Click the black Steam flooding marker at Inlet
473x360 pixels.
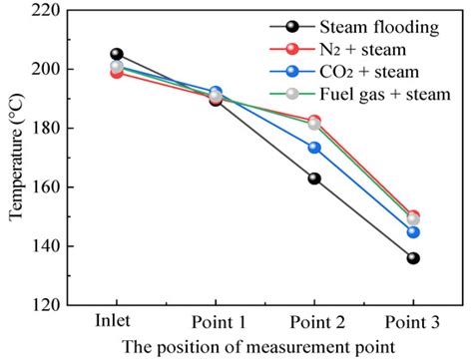point(117,54)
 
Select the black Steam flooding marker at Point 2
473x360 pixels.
point(314,179)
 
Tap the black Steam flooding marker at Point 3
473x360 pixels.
point(413,257)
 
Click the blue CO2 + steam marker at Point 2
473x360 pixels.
point(314,148)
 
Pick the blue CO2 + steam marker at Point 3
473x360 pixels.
point(413,232)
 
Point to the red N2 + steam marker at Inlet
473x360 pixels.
point(117,73)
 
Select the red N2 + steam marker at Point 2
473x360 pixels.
point(314,121)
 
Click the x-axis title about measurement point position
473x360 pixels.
point(264,347)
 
